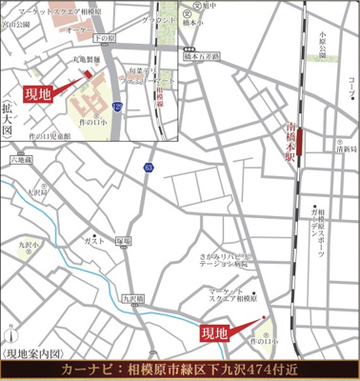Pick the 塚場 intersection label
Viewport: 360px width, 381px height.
pos(124,240)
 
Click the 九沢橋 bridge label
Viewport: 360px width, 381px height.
pos(132,299)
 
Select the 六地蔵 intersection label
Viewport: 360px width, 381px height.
pos(20,161)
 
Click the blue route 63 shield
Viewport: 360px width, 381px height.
pos(148,168)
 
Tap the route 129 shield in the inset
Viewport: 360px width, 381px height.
pos(116,106)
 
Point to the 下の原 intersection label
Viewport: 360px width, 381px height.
pos(104,37)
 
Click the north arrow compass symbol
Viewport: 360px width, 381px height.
pos(10,335)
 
